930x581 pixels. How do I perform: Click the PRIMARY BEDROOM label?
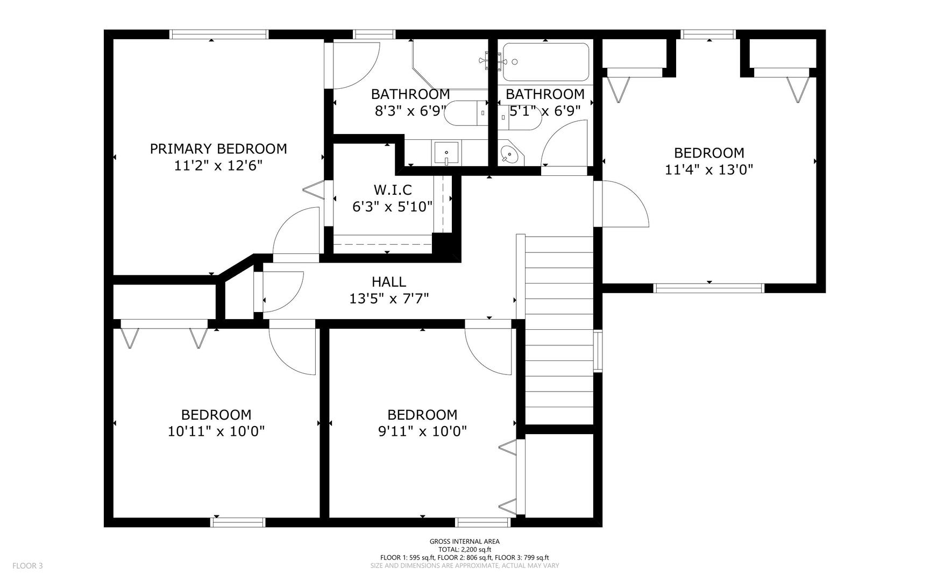click(218, 148)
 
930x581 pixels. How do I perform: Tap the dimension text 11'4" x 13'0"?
click(708, 170)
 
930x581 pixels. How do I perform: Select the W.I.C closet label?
click(393, 189)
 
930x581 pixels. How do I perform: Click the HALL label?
click(389, 281)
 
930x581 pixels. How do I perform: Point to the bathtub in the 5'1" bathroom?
click(545, 62)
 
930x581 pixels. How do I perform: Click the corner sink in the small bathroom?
click(508, 155)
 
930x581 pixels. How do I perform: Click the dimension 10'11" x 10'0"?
click(216, 431)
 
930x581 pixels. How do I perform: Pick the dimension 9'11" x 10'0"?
click(422, 431)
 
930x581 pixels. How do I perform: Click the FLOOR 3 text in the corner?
click(27, 565)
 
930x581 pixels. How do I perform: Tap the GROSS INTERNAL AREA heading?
click(464, 542)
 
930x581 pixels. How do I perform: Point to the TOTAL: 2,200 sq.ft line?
click(464, 550)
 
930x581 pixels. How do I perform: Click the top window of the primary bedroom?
click(219, 34)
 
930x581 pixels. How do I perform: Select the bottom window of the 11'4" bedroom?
click(708, 288)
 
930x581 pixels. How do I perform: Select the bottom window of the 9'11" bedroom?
click(482, 522)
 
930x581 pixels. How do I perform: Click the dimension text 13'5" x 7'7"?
click(389, 299)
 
